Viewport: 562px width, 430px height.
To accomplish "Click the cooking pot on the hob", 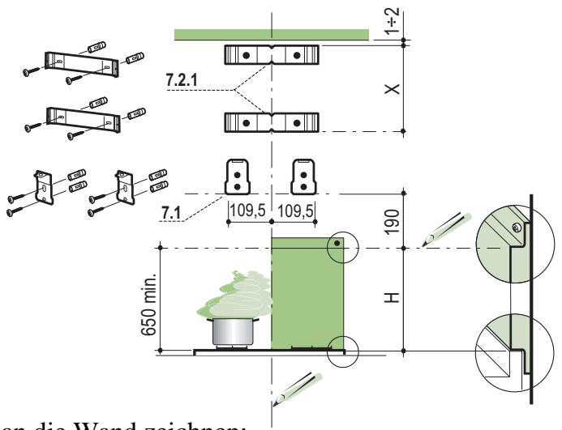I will coord(231,333).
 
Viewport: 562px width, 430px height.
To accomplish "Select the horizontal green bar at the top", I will coord(272,33).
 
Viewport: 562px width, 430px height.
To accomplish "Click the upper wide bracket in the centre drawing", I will coord(272,55).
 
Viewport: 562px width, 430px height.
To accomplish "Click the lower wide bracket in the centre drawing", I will coord(272,123).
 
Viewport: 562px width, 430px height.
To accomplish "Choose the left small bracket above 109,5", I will coord(235,174).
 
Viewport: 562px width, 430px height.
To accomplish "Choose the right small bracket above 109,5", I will coord(303,174).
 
